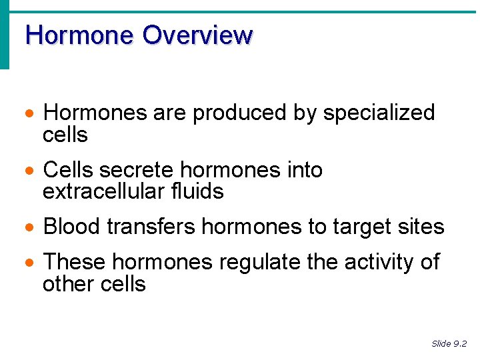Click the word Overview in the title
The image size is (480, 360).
tap(197, 35)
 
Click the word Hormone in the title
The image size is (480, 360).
tap(79, 35)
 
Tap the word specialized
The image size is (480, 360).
tap(379, 113)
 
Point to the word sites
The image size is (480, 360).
tap(423, 227)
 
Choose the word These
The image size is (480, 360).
tap(74, 263)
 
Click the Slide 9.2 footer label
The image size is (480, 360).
tap(449, 344)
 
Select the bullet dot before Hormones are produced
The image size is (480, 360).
tap(28, 114)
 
